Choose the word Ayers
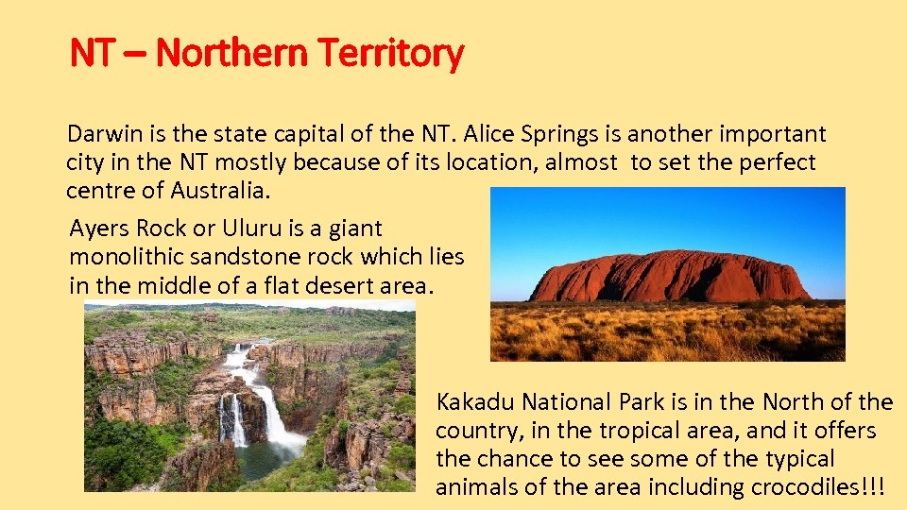(x=100, y=229)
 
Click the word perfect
(x=774, y=162)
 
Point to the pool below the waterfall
(x=260, y=462)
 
